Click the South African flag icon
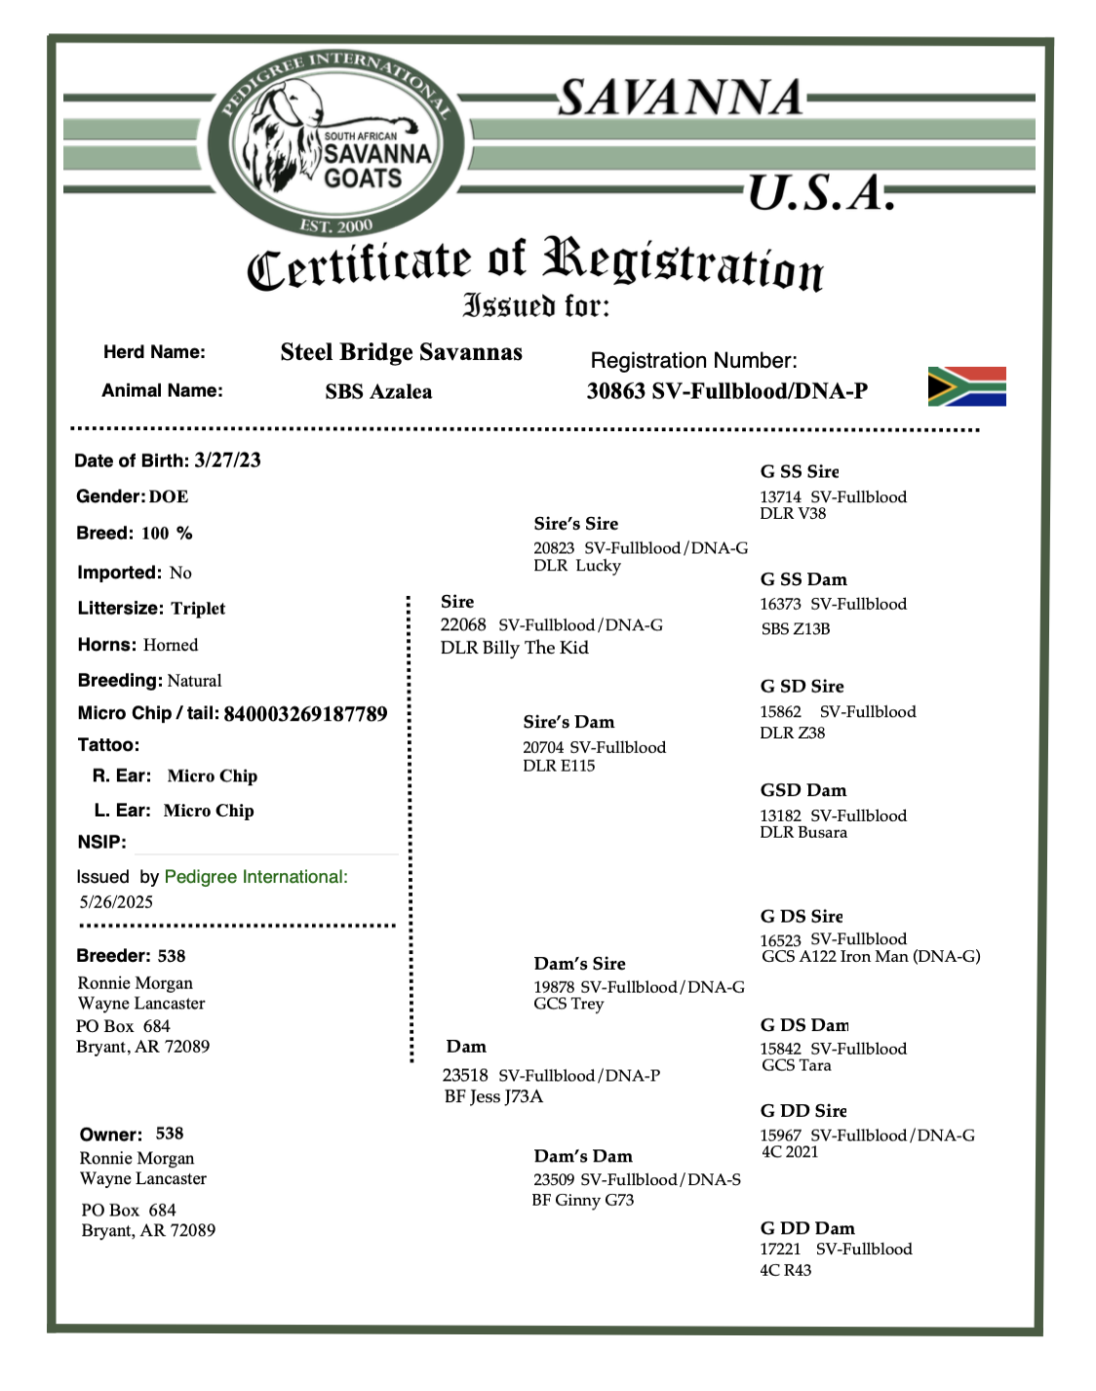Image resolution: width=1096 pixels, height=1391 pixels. (x=966, y=386)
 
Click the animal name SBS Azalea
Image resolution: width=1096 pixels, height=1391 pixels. (x=378, y=392)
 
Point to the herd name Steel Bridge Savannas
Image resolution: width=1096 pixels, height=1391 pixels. (x=401, y=352)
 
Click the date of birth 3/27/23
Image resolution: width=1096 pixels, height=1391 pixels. (x=227, y=460)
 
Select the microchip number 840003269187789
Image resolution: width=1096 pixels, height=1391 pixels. (x=305, y=714)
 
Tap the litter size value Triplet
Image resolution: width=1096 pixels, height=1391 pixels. (x=198, y=609)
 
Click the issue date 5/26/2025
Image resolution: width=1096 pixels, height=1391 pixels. (x=116, y=902)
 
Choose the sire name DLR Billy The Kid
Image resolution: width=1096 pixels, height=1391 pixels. (x=514, y=648)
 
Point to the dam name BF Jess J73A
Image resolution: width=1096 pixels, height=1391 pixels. (x=493, y=1096)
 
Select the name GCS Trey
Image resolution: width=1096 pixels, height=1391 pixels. (x=568, y=1004)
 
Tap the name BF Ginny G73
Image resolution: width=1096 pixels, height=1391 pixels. (x=582, y=1200)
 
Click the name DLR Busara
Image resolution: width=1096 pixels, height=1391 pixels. (x=803, y=832)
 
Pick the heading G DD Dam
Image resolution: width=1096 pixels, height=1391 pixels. (x=807, y=1228)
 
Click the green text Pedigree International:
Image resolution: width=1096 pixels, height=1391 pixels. (x=255, y=877)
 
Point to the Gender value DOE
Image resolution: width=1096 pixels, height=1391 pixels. (x=169, y=497)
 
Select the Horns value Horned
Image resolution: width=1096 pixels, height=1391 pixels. (x=171, y=645)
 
